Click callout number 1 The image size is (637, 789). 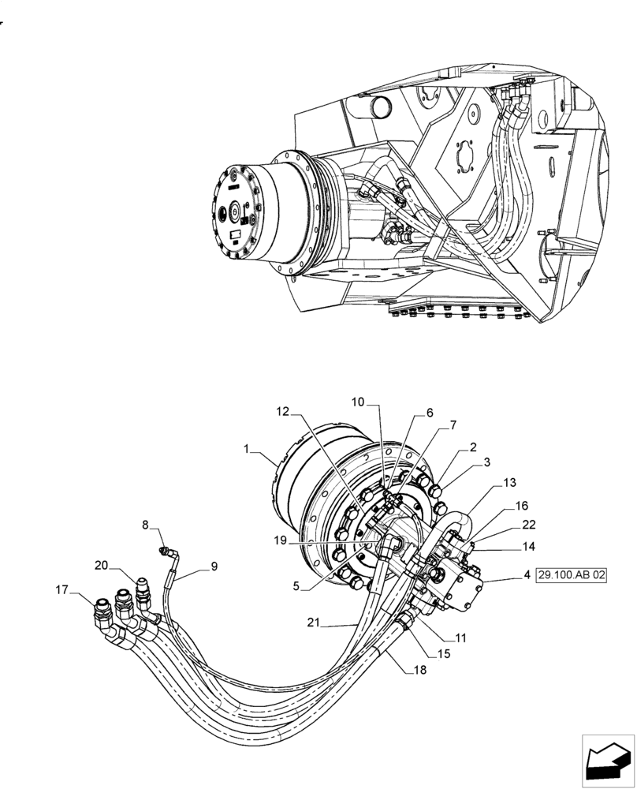[247, 449]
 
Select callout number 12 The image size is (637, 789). [283, 410]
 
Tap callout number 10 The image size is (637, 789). [358, 402]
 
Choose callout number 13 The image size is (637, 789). [509, 483]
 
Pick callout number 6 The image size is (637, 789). [430, 413]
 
